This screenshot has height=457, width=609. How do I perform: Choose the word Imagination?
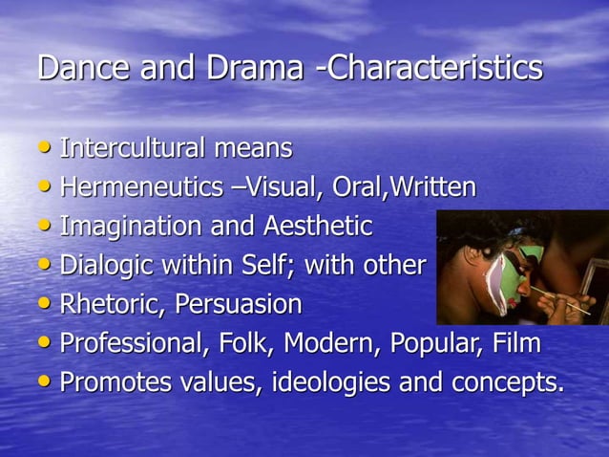point(125,228)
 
